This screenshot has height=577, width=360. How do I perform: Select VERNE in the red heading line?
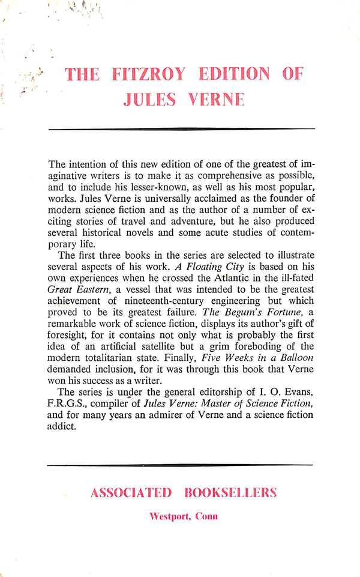coord(206,99)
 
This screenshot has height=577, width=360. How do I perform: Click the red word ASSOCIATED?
coord(131,494)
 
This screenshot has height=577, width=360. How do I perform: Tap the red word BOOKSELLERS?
coord(231,494)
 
